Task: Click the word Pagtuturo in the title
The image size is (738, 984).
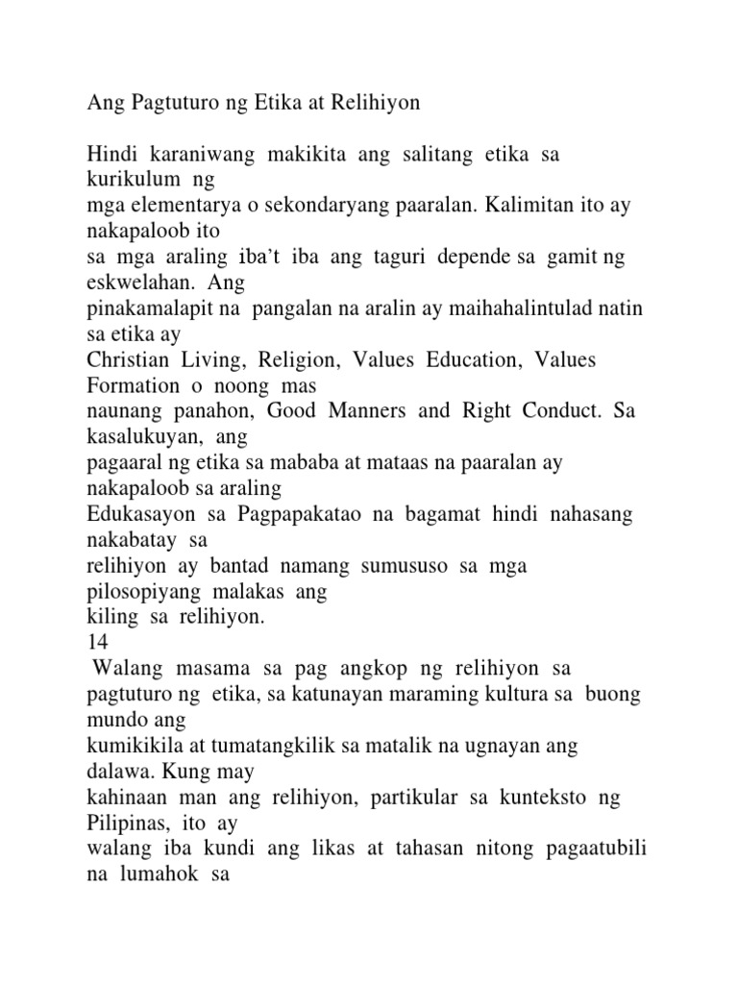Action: pos(170,104)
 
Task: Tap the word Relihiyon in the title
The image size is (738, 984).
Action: pos(376,104)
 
